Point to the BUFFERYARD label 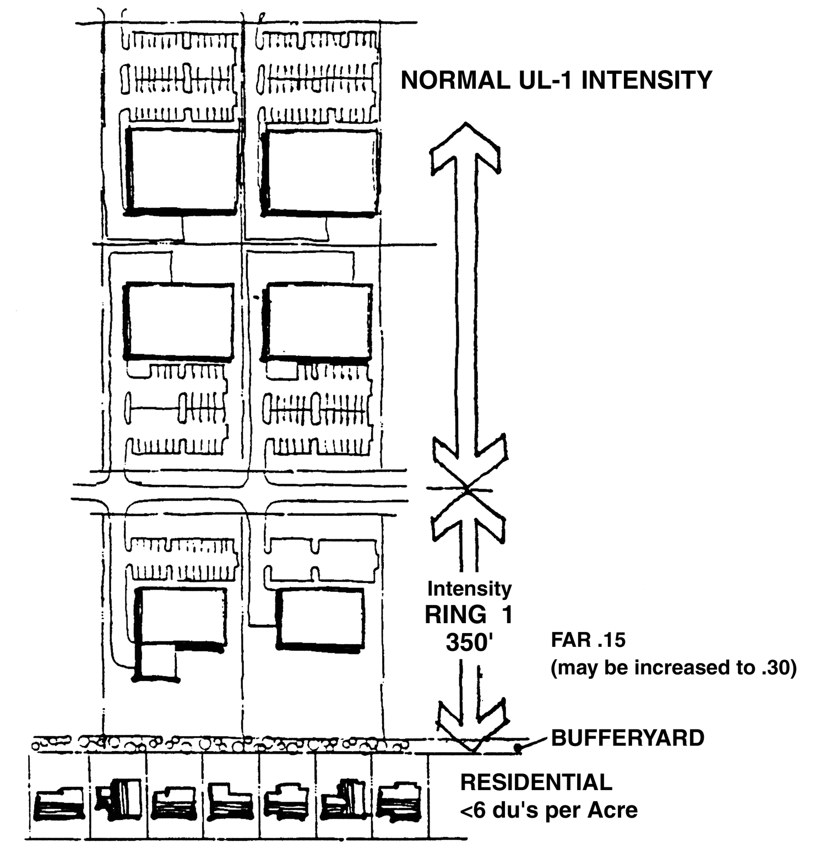(628, 738)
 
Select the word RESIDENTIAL (536, 782)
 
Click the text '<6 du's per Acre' (548, 810)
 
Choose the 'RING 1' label (469, 615)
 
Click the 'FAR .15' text (588, 640)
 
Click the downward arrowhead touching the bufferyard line (472, 727)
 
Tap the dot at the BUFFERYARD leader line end (518, 748)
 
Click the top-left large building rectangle (183, 170)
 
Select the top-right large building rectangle (322, 171)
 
